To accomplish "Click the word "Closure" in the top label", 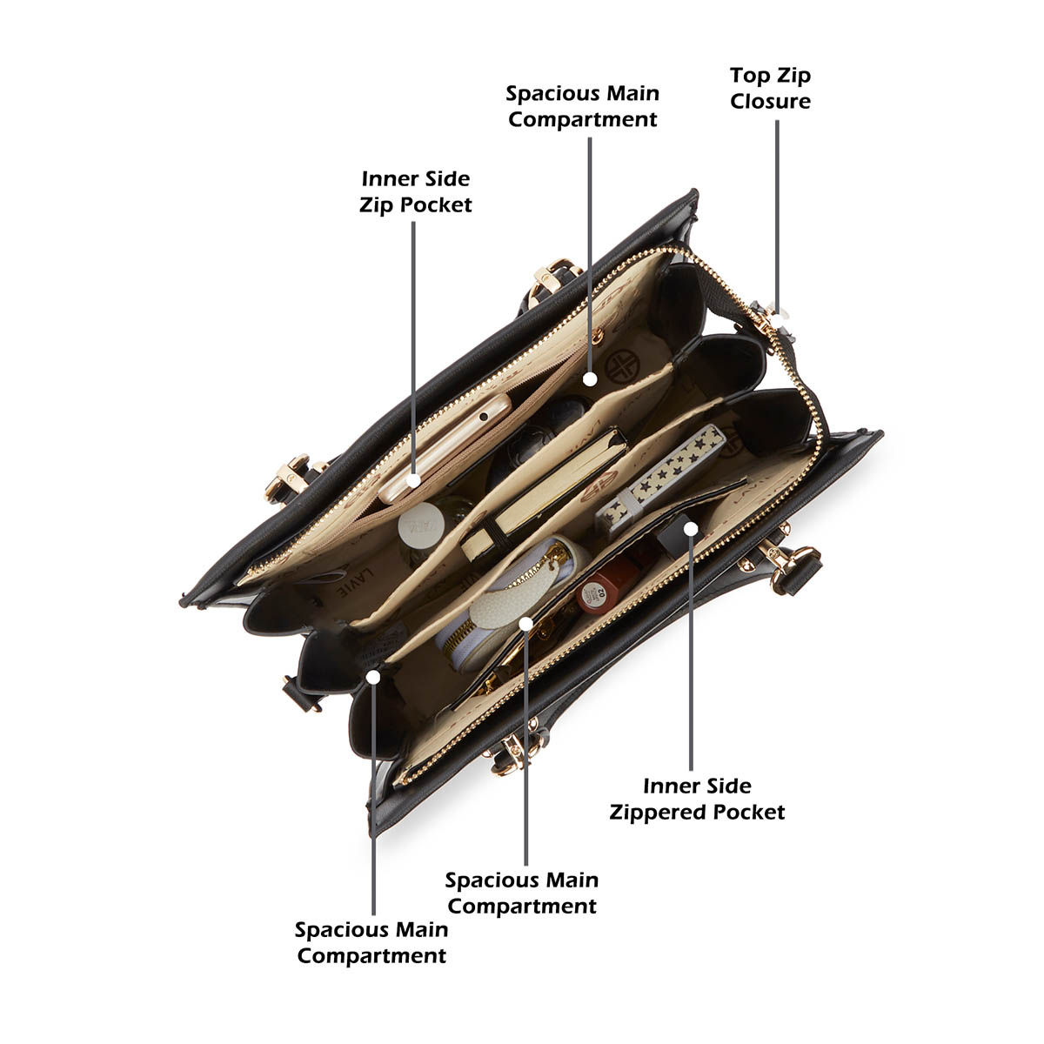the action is pyautogui.click(x=770, y=101).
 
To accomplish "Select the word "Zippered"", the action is pyautogui.click(x=657, y=813).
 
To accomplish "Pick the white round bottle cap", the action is pyautogui.click(x=421, y=525).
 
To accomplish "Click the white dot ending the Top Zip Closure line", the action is pyautogui.click(x=779, y=315).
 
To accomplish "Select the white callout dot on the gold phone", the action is pyautogui.click(x=414, y=480).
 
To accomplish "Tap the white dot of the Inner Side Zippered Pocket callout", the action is pyautogui.click(x=691, y=529).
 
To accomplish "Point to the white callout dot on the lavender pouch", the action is pyautogui.click(x=526, y=624).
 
